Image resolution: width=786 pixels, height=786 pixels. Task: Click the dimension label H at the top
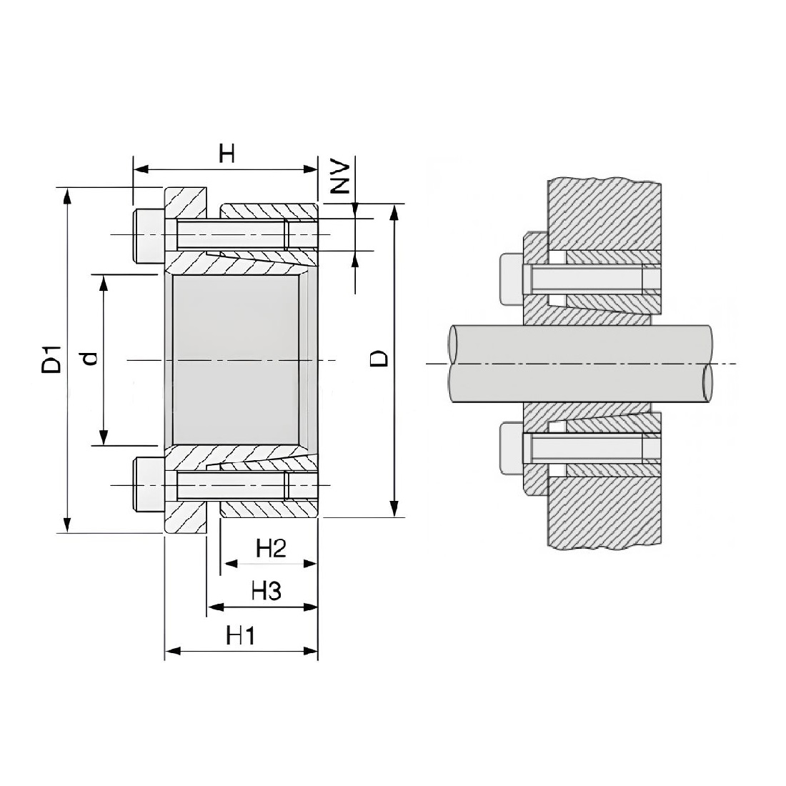(227, 154)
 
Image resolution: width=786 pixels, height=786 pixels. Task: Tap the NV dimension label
(342, 177)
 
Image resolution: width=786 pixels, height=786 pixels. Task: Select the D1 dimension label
(51, 359)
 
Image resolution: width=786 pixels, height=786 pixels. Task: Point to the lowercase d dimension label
(90, 359)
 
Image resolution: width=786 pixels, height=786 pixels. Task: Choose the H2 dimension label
(271, 549)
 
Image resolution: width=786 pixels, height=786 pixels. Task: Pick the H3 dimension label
(267, 592)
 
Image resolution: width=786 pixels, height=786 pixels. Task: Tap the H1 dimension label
(241, 636)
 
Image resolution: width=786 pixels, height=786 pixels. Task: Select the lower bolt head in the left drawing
(149, 484)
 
